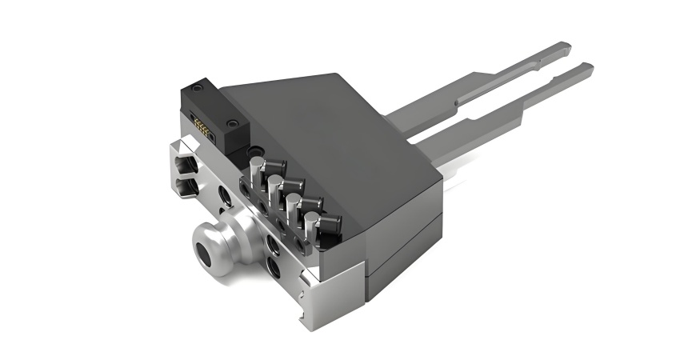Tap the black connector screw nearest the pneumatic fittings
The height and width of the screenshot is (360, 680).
coord(232,124)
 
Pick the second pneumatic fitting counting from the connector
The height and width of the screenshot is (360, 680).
coord(276,186)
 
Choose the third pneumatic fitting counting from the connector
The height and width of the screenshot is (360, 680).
coord(295,202)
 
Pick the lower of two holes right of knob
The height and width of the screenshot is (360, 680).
coord(274,264)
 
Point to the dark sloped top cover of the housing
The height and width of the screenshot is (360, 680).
coord(336,128)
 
